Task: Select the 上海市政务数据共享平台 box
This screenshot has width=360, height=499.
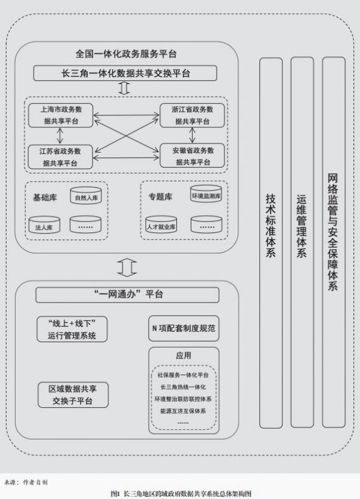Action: pos(61,115)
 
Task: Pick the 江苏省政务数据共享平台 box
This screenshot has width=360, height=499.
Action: pos(61,156)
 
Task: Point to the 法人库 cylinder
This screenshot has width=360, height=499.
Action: pos(44,227)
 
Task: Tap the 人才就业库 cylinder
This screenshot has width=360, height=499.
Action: pos(161,227)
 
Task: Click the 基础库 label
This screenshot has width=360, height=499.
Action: pos(44,198)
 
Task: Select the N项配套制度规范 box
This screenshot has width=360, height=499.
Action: pos(185,329)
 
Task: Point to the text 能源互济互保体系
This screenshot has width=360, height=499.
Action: pos(184,411)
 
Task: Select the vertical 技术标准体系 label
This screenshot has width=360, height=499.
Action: pos(271,225)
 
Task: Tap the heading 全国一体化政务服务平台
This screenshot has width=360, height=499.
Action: pos(127,53)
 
